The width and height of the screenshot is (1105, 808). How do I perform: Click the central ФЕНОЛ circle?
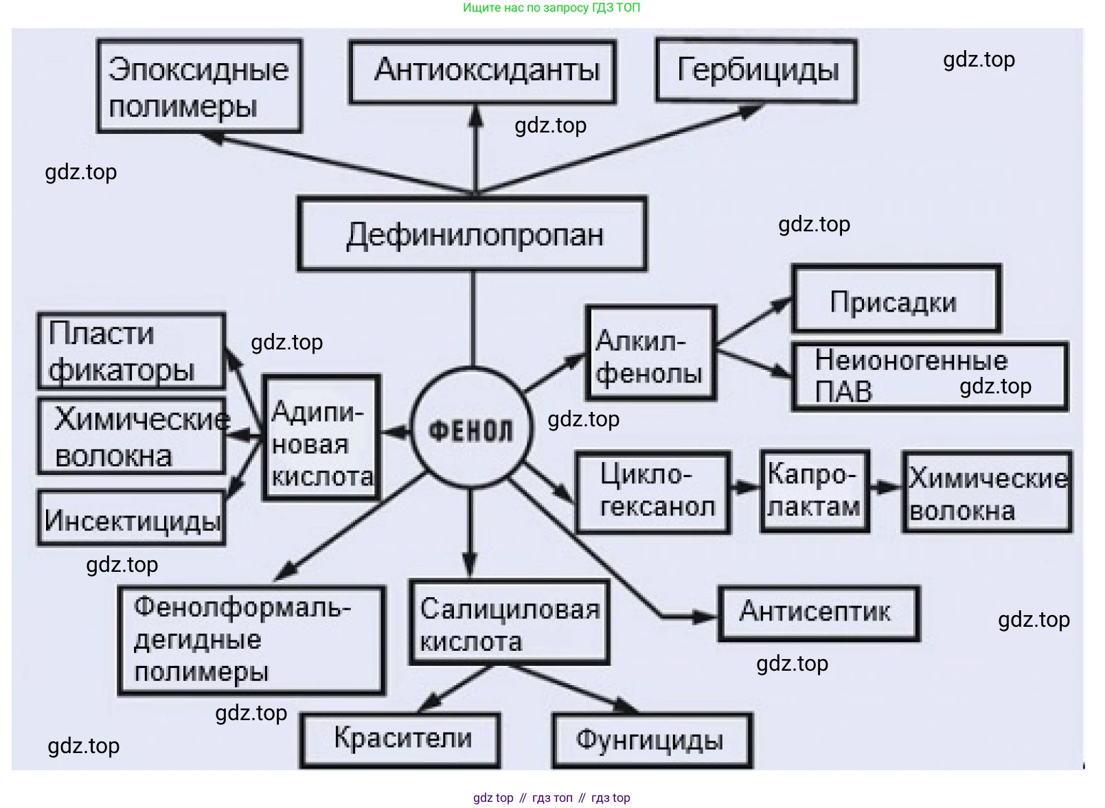[x=471, y=430]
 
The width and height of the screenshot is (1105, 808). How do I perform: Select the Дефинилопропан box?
[x=472, y=235]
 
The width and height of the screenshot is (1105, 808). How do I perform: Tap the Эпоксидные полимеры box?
[x=199, y=86]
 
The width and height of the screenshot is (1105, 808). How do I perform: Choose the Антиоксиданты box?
[x=482, y=71]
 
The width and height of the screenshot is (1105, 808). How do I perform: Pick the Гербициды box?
[x=757, y=71]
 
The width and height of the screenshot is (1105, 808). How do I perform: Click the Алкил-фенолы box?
[x=650, y=354]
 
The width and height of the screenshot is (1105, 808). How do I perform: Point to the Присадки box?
[x=896, y=299]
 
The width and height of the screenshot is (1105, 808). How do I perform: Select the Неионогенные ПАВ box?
[x=929, y=377]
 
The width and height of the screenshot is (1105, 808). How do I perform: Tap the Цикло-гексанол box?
[x=653, y=492]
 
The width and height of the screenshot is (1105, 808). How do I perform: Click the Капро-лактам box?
[x=814, y=491]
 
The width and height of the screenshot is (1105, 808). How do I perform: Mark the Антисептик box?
[x=818, y=612]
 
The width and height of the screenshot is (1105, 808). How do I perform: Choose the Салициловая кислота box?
[x=508, y=623]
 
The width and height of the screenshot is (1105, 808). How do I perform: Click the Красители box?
[x=400, y=739]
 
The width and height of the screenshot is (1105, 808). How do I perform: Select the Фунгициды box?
[x=652, y=740]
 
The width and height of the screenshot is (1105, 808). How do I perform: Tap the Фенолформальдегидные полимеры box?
[x=251, y=640]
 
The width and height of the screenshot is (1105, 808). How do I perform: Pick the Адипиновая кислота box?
[x=321, y=438]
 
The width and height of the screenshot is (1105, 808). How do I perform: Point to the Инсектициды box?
[x=131, y=518]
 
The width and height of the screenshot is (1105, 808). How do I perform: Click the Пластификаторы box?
[x=131, y=351]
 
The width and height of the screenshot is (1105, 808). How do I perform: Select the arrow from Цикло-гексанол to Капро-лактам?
[x=745, y=488]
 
